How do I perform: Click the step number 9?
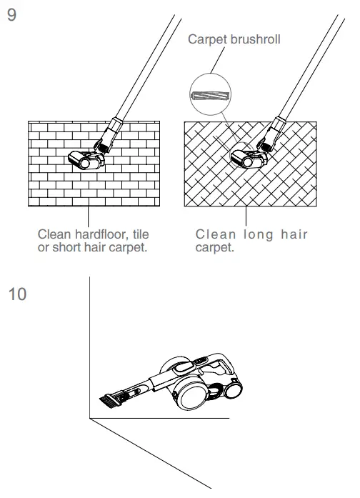click(11, 15)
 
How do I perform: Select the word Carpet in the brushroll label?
click(205, 40)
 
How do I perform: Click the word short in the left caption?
click(69, 246)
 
